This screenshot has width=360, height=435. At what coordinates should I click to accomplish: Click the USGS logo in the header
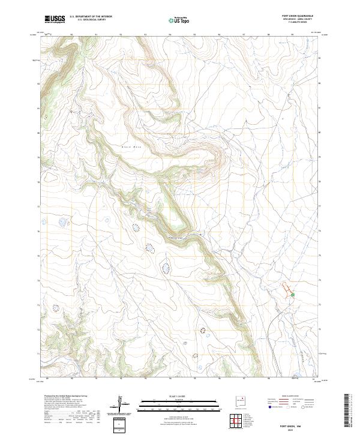click(x=55, y=20)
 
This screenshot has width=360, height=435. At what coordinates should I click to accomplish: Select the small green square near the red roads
click(x=293, y=295)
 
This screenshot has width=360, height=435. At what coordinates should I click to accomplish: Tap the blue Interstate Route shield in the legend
click(x=269, y=407)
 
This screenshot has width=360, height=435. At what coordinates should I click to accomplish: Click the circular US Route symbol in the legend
click(x=295, y=407)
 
